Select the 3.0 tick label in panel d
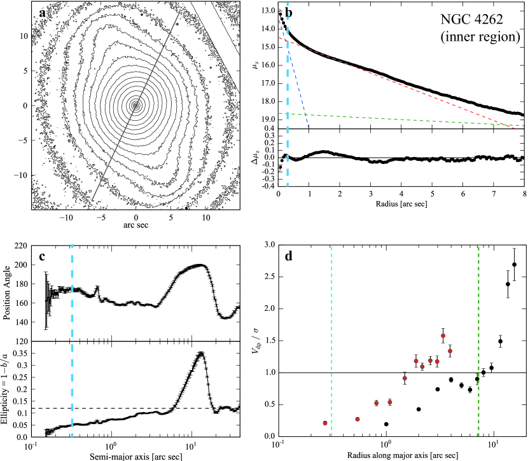267,245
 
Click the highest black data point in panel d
515,265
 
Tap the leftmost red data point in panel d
325,423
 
